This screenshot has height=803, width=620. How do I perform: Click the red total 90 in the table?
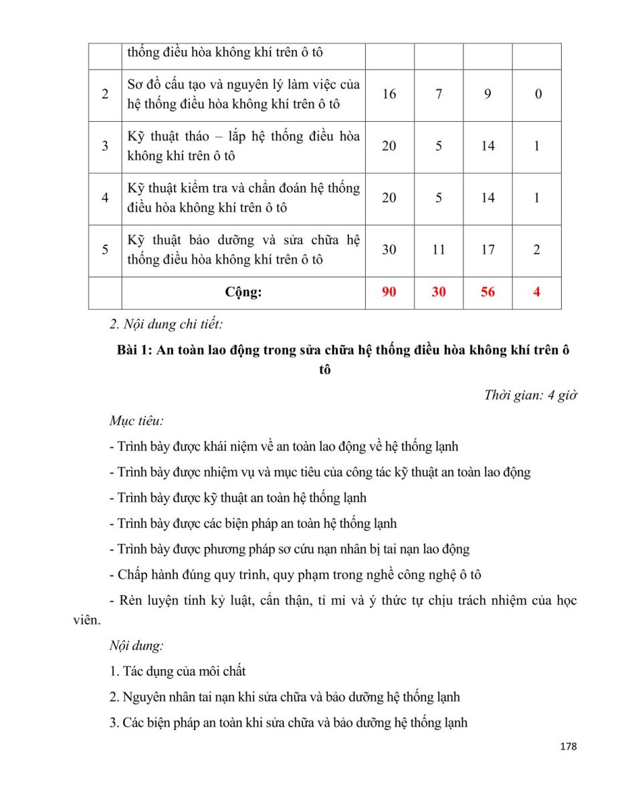point(389,292)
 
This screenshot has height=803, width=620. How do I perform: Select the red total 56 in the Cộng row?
point(488,292)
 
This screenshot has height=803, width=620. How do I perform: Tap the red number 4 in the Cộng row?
point(536,292)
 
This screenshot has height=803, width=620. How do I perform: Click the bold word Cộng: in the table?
point(243,292)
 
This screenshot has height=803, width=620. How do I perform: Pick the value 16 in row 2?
point(389,94)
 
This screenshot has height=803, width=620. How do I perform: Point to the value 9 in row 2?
point(488,94)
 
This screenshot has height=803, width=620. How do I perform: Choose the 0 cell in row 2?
point(537,94)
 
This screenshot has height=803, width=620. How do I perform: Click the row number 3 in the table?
point(105,146)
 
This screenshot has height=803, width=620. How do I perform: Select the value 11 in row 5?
point(438,250)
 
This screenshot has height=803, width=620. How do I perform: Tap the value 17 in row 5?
point(488,250)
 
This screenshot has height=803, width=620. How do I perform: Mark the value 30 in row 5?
point(389,250)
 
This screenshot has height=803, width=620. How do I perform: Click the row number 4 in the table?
point(105,198)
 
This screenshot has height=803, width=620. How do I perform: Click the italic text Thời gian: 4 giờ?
point(530,395)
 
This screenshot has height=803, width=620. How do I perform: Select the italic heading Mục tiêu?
point(136,421)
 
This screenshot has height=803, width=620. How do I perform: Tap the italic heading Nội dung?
point(136,646)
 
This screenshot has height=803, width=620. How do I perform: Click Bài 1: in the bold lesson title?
point(134,350)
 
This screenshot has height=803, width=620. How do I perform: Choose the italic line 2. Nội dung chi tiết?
point(166,325)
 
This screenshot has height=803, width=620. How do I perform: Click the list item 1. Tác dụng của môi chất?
point(178,671)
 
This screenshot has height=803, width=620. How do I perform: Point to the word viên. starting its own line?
point(86,620)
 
